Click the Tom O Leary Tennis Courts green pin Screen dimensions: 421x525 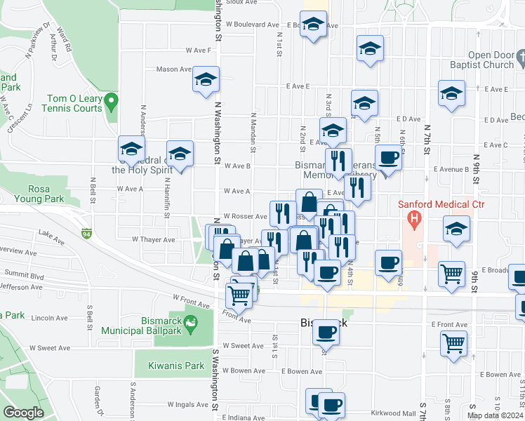point(110,104)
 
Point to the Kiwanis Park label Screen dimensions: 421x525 point(175,366)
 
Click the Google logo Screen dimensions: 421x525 point(22,413)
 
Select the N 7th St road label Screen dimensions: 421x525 point(426,138)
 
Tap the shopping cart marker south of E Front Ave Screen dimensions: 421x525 point(454,345)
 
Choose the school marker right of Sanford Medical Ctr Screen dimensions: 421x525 point(456,230)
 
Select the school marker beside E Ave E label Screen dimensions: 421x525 point(452,93)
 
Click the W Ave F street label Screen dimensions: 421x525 point(199,50)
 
